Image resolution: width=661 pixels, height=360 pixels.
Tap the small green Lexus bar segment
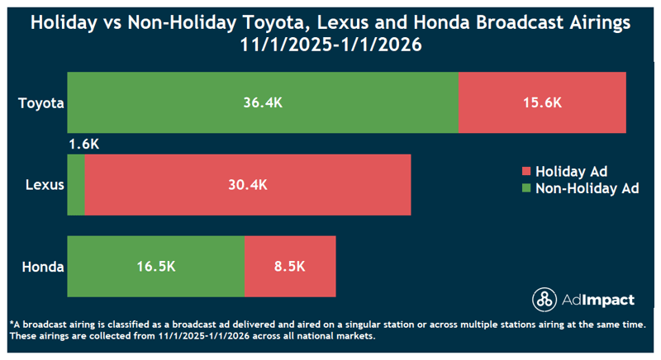(75, 185)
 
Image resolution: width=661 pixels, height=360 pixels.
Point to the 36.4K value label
(263, 102)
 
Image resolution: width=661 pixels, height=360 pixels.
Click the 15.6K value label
(542, 102)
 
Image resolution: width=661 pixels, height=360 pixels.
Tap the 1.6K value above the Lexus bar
(84, 144)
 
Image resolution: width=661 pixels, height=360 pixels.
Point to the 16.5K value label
(155, 267)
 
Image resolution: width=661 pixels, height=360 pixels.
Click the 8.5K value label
(290, 267)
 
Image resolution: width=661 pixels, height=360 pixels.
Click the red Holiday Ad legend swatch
(525, 173)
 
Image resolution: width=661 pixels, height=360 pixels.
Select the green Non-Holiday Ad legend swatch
(525, 189)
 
